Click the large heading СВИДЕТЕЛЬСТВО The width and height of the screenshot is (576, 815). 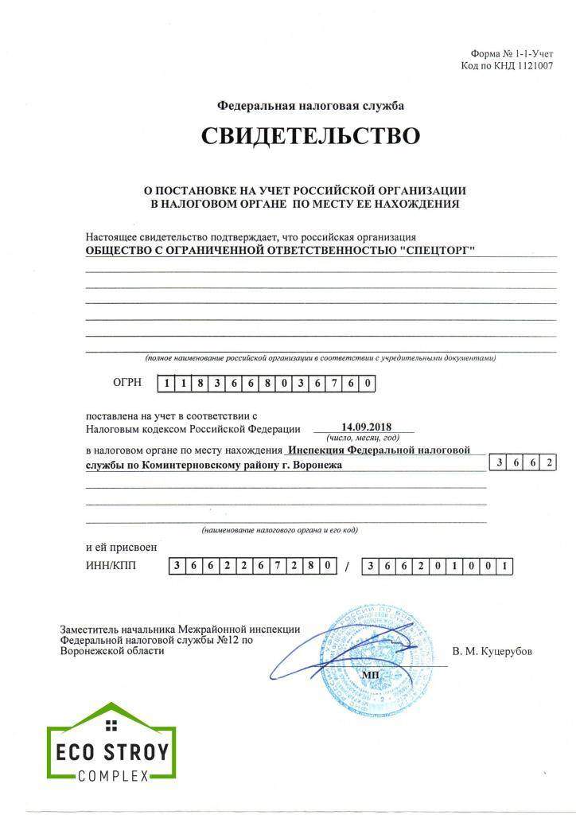(x=310, y=136)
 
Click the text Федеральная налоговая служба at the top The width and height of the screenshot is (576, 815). (x=310, y=105)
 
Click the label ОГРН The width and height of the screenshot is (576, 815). (x=127, y=383)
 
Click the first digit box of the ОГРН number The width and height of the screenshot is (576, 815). (x=166, y=384)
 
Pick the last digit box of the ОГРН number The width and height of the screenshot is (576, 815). (x=367, y=384)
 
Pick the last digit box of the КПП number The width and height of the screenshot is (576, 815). (x=504, y=567)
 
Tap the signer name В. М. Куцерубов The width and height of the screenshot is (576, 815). (x=492, y=651)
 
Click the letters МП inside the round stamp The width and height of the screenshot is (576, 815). (x=371, y=675)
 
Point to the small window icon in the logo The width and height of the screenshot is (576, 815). (x=111, y=724)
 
